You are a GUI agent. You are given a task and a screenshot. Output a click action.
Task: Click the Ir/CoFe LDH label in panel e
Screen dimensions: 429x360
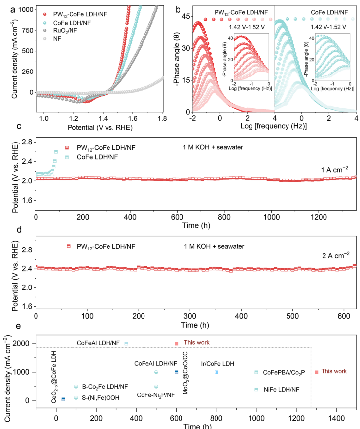tap(217, 364)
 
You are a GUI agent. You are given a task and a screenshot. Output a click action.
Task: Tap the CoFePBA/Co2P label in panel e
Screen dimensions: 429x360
tap(284, 372)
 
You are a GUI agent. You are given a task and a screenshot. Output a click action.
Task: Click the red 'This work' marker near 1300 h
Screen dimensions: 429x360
tap(317, 372)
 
